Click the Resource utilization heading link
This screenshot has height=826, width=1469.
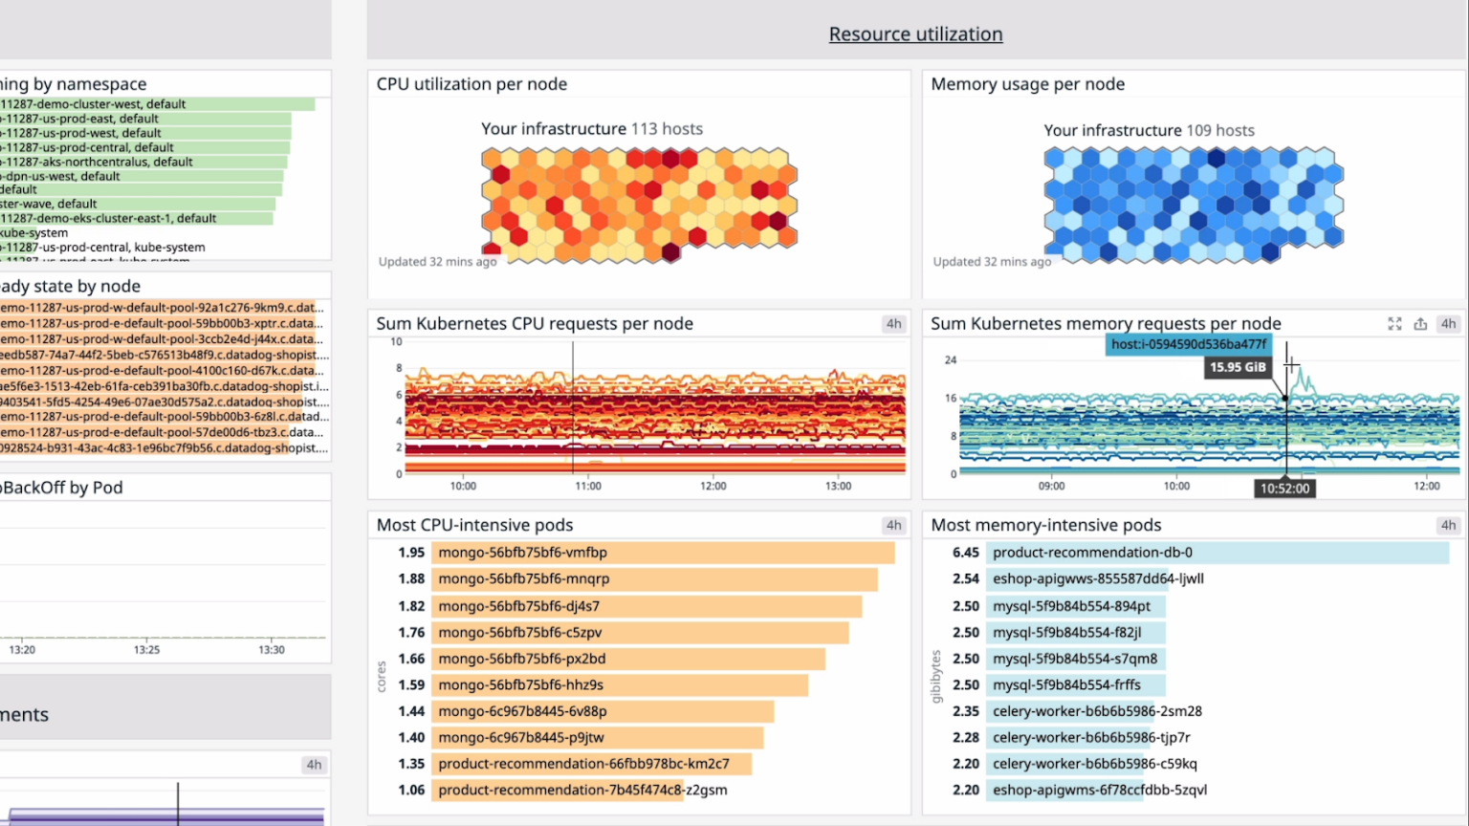click(915, 34)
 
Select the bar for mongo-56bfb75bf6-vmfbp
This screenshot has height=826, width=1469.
click(662, 553)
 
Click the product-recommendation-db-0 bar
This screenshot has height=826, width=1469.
click(1217, 553)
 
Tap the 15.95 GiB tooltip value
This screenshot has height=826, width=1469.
click(1238, 367)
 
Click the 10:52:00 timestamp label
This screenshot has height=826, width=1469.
click(1284, 489)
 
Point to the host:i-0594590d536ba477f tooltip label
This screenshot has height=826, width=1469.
click(1189, 344)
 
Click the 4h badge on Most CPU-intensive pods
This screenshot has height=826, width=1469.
click(893, 525)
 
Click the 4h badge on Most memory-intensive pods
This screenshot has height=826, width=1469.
click(1448, 525)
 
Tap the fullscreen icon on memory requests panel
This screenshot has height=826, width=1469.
click(1394, 324)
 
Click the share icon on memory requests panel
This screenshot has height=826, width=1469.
click(1420, 324)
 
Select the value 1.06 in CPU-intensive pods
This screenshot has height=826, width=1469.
click(411, 790)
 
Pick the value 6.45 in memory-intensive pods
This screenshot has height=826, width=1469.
click(966, 553)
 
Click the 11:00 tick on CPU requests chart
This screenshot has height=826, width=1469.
click(588, 487)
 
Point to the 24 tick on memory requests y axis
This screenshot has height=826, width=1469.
click(950, 360)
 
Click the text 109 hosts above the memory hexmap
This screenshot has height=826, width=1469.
click(1219, 131)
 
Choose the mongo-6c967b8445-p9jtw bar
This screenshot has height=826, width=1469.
click(597, 737)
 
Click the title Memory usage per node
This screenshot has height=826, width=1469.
click(1027, 84)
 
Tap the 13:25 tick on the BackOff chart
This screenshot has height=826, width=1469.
click(146, 650)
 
